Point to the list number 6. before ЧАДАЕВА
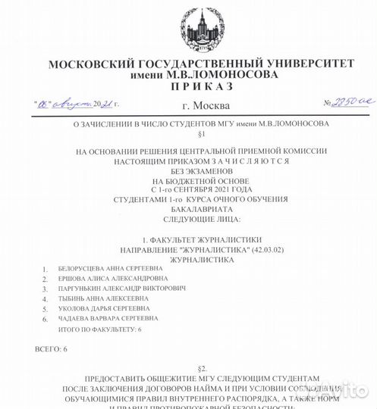coord(46,320)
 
